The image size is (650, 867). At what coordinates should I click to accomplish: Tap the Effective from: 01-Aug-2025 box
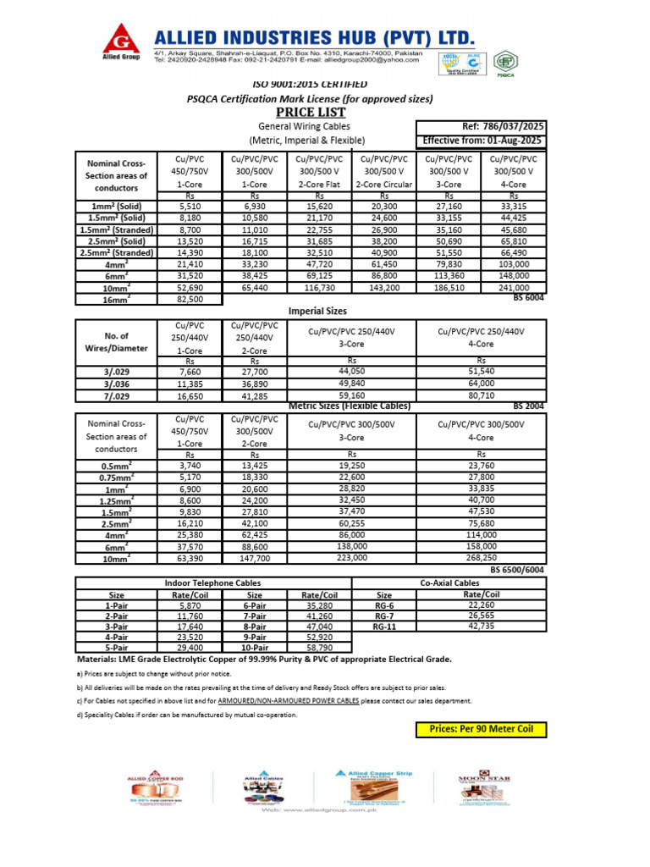[x=481, y=141]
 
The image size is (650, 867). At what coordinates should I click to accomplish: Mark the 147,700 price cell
[x=256, y=558]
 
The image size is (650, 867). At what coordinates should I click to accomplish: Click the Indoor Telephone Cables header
[x=212, y=583]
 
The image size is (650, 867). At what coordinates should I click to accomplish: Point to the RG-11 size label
[x=384, y=627]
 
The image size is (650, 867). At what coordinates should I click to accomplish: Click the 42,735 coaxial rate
[x=480, y=626]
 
